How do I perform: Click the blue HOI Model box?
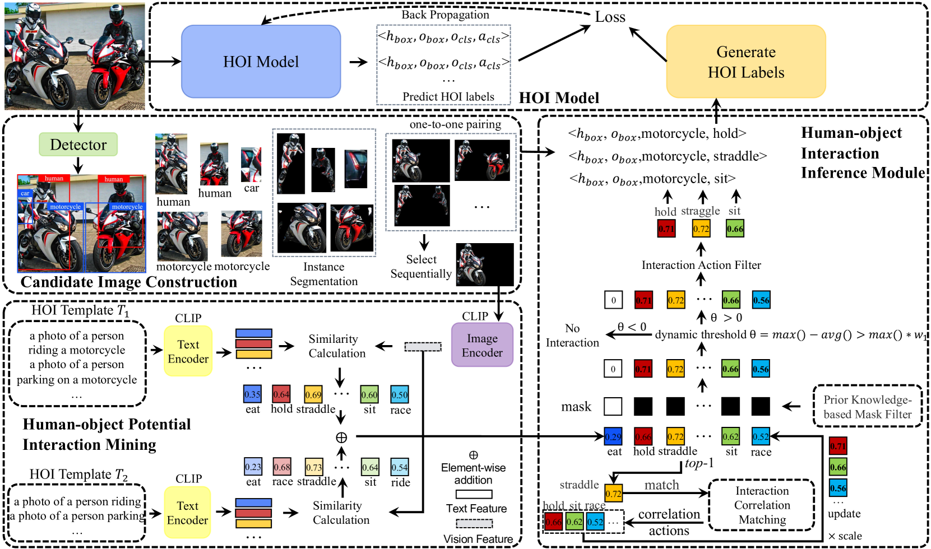pyautogui.click(x=261, y=62)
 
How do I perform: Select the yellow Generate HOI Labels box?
pyautogui.click(x=745, y=62)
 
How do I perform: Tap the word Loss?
pyautogui.click(x=610, y=17)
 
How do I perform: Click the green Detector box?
pyautogui.click(x=78, y=145)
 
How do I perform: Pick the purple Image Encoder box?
pyautogui.click(x=482, y=345)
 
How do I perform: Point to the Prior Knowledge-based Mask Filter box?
pyautogui.click(x=867, y=407)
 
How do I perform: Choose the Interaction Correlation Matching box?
pyautogui.click(x=762, y=505)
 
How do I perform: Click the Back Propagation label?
pyautogui.click(x=445, y=15)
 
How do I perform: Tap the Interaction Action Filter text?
pyautogui.click(x=701, y=265)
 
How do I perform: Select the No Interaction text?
pyautogui.click(x=572, y=335)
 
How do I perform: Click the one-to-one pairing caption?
pyautogui.click(x=455, y=124)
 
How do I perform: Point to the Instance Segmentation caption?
pyautogui.click(x=323, y=274)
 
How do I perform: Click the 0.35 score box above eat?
pyautogui.click(x=252, y=394)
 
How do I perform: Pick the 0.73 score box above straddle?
pyautogui.click(x=314, y=467)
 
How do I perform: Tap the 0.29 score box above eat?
pyautogui.click(x=613, y=436)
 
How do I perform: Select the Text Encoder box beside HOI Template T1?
pyautogui.click(x=188, y=351)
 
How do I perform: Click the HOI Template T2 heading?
pyautogui.click(x=78, y=474)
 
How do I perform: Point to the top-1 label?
pyautogui.click(x=699, y=463)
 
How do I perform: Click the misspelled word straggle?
pyautogui.click(x=700, y=211)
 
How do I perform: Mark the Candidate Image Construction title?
pyautogui.click(x=129, y=282)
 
